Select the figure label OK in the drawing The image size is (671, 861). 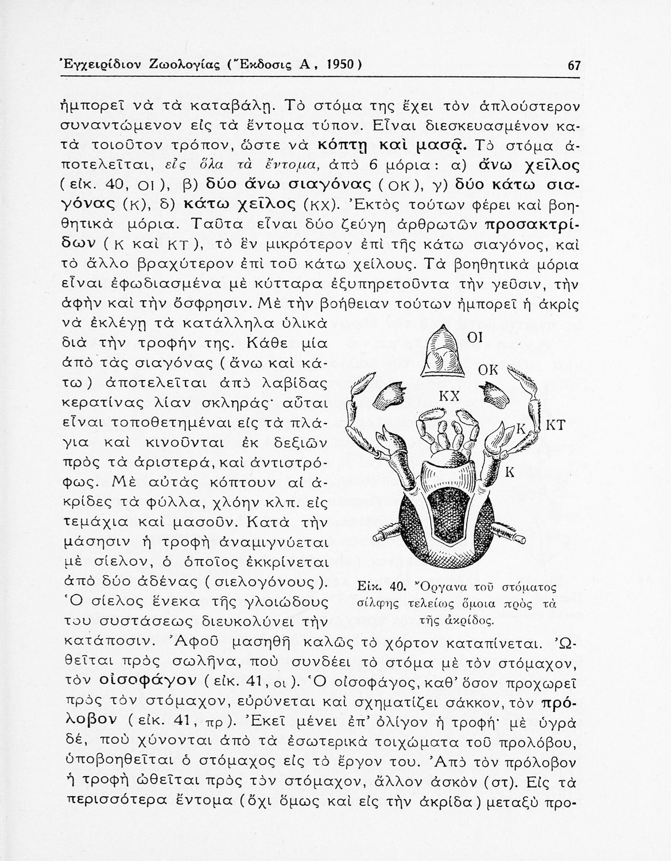pyautogui.click(x=488, y=370)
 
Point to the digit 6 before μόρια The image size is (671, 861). pyautogui.click(x=373, y=165)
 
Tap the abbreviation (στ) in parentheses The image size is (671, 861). pyautogui.click(x=502, y=782)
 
